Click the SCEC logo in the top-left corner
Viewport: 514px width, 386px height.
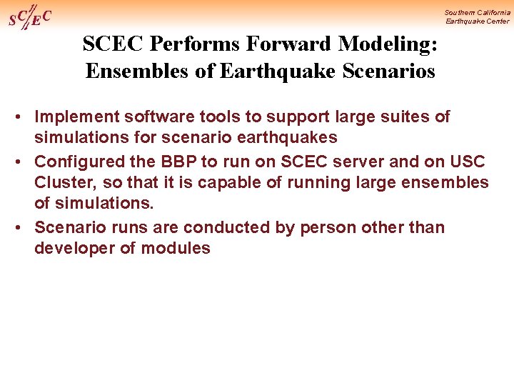29,16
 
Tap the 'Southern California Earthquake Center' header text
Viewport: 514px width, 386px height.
477,16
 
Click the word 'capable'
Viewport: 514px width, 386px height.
228,182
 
